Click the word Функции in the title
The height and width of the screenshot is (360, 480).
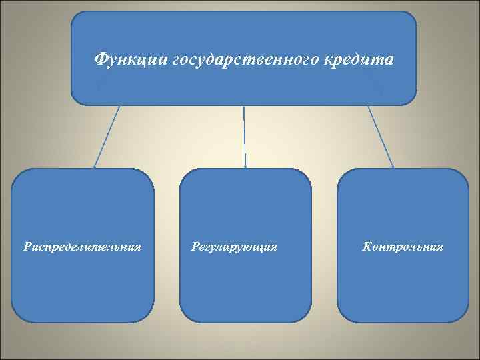pos(131,60)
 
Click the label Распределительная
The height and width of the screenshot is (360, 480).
pos(82,247)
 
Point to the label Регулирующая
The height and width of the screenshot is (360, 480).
pos(233,247)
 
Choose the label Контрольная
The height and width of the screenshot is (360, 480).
pos(403,247)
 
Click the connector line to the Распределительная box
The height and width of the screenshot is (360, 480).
pos(107,136)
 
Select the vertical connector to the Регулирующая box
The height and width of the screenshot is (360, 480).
pos(245,136)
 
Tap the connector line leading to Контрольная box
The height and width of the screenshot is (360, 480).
pos(380,136)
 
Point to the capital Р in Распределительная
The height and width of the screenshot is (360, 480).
pos(27,247)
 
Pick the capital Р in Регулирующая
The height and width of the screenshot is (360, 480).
pos(194,247)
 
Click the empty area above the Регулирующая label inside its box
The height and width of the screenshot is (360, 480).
pos(245,207)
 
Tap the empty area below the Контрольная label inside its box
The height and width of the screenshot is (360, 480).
pos(403,287)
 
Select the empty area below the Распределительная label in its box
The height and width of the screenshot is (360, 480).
pos(82,287)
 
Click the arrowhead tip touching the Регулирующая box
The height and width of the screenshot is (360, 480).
pos(245,167)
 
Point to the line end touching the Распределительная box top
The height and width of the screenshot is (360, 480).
pos(94,166)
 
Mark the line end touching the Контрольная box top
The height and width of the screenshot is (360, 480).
pos(393,167)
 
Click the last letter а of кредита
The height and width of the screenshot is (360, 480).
pos(389,61)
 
